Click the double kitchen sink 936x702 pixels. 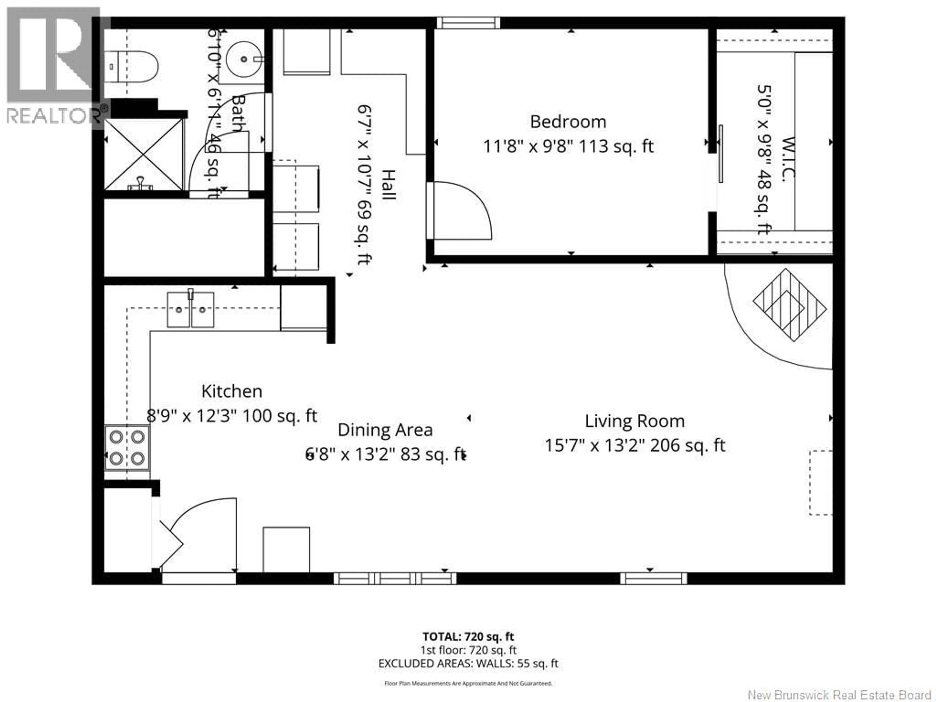(x=190, y=310)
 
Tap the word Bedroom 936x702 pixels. (x=568, y=122)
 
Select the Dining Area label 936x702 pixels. (x=385, y=430)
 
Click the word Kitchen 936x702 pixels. (x=232, y=391)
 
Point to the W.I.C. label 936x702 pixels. (x=788, y=159)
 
